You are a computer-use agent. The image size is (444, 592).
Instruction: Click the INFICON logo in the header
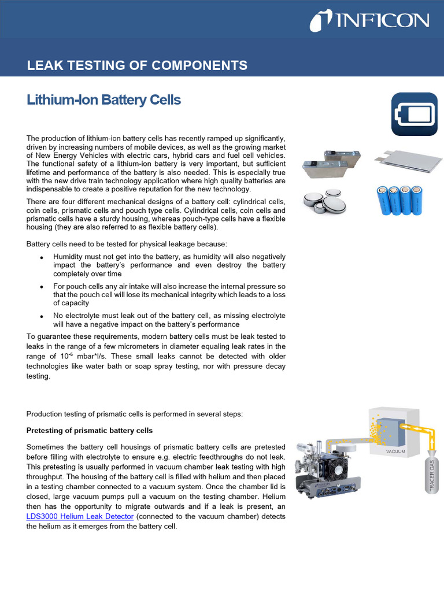click(369, 22)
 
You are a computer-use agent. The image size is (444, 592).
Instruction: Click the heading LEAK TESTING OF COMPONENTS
click(137, 65)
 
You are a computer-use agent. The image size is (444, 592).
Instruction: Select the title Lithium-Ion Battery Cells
click(104, 100)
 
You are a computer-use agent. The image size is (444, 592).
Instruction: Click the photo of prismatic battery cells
click(331, 164)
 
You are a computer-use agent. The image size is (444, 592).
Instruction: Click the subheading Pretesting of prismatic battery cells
click(90, 431)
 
